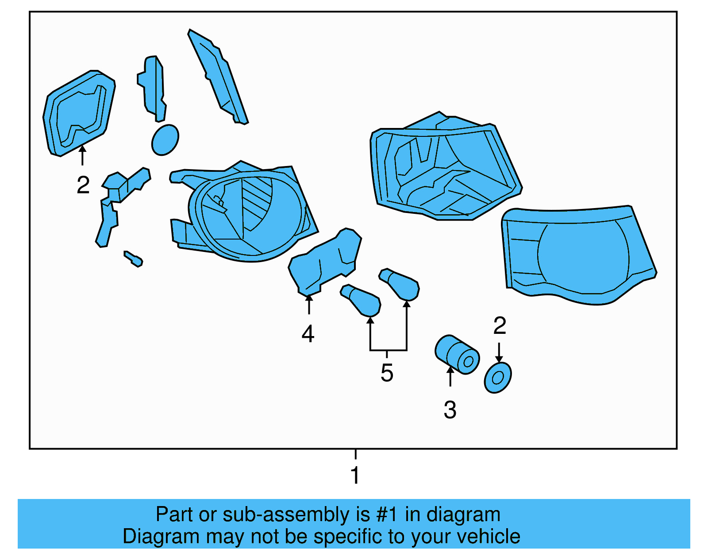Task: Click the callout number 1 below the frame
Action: (x=355, y=475)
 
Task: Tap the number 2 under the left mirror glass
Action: (x=83, y=185)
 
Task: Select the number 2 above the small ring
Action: (x=500, y=326)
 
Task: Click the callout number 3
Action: (x=450, y=410)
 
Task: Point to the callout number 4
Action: (x=308, y=334)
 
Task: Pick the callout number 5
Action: (x=387, y=373)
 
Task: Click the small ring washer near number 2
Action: (x=498, y=378)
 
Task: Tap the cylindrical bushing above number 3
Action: (x=457, y=355)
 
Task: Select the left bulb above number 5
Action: (x=362, y=300)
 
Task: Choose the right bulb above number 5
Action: (x=400, y=284)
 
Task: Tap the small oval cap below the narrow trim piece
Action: (x=165, y=140)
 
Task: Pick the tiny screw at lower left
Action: (x=133, y=259)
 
